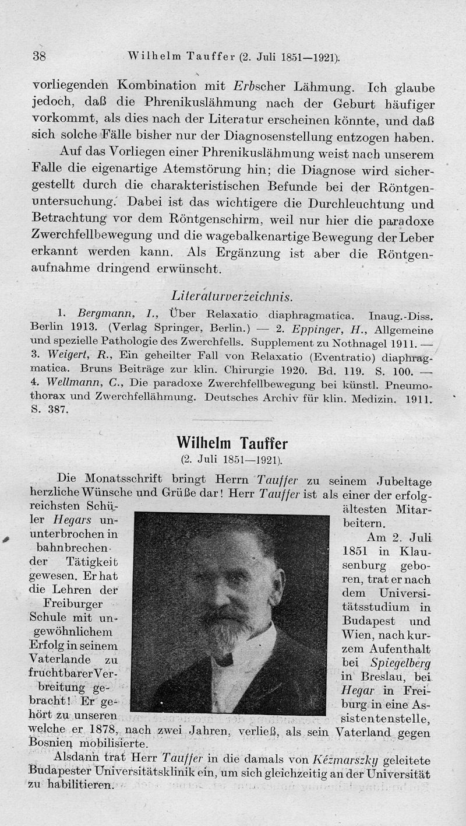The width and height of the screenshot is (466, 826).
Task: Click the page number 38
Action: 39,56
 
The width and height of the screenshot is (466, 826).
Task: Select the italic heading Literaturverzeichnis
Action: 232,297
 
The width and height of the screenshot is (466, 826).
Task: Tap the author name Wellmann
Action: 68,384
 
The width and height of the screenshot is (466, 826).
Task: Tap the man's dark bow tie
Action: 224,660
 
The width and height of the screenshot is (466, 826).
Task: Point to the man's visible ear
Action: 276,584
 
